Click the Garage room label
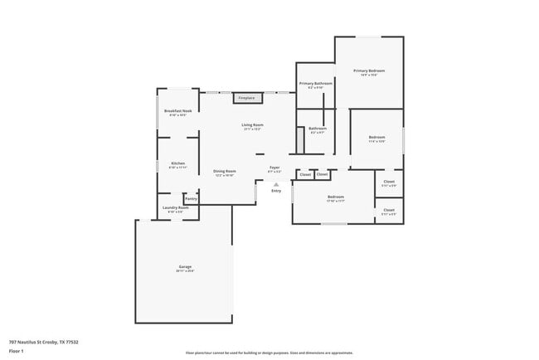pos(184,268)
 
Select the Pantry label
pos(191,198)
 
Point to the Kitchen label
pos(178,164)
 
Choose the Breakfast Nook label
pos(177,112)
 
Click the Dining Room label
pos(225,173)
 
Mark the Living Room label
pos(253,126)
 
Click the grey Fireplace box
pos(247,98)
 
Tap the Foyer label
pos(274,168)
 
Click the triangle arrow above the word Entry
pos(276,183)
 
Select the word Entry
pos(276,191)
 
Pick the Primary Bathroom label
pos(316,85)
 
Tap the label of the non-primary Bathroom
pos(318,129)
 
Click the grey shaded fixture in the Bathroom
pos(301,139)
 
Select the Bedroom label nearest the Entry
pos(335,198)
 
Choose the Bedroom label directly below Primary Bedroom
pos(376,138)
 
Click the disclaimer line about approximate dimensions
pos(269,353)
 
